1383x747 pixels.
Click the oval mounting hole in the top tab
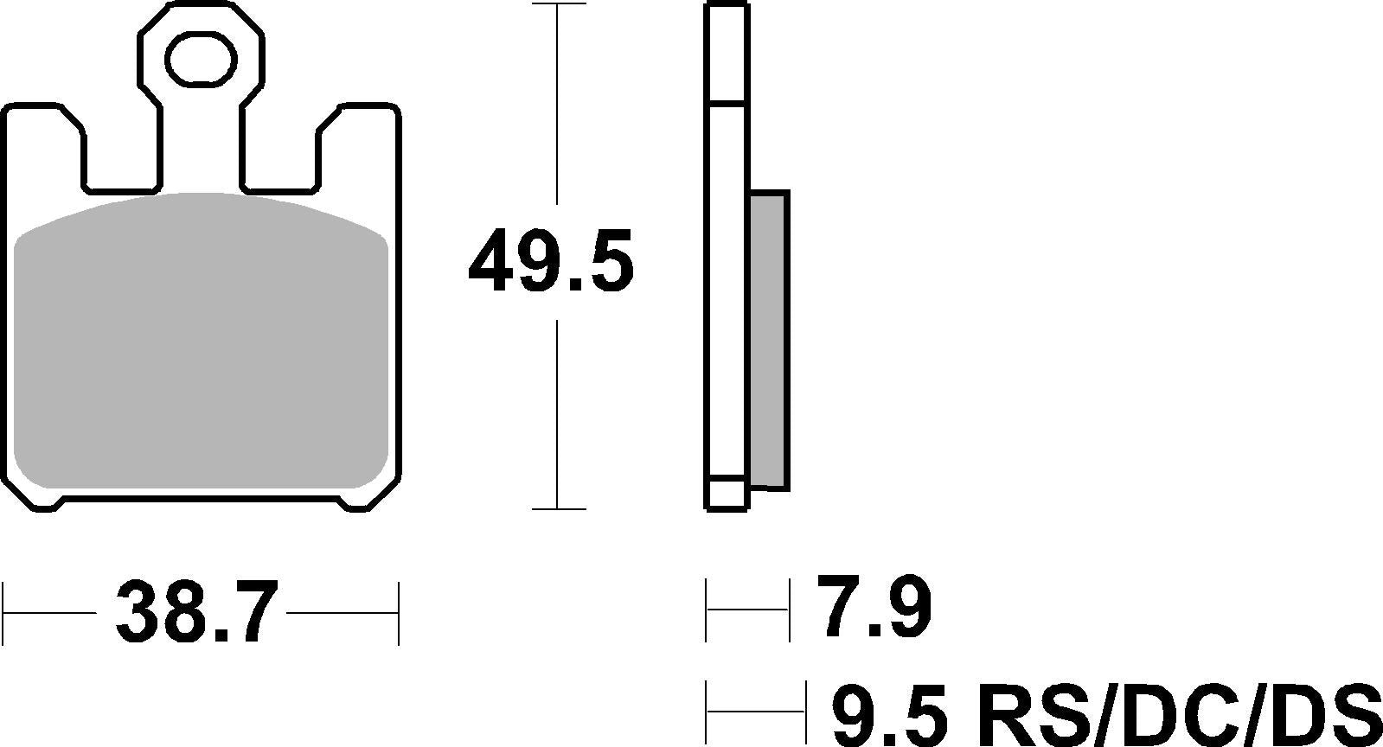pyautogui.click(x=202, y=60)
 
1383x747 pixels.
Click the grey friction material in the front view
pyautogui.click(x=202, y=346)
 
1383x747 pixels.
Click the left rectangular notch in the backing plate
pyautogui.click(x=122, y=160)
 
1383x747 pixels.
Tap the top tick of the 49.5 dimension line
pyautogui.click(x=558, y=5)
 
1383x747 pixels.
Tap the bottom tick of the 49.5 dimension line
pyautogui.click(x=558, y=509)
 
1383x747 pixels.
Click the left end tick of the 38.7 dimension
pyautogui.click(x=5, y=613)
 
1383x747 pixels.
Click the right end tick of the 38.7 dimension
pyautogui.click(x=398, y=613)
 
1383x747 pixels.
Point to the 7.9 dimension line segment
pyautogui.click(x=748, y=610)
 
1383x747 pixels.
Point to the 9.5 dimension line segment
pyautogui.click(x=757, y=712)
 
